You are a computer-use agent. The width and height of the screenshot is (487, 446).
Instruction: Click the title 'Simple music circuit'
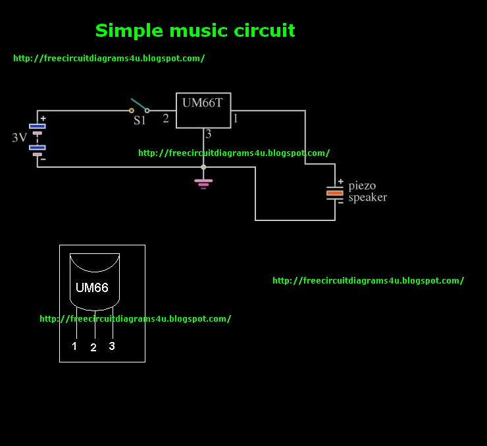tap(195, 30)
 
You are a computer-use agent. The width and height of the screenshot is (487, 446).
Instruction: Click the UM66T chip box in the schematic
tap(203, 110)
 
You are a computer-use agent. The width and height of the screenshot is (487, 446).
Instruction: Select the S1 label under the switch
tap(140, 121)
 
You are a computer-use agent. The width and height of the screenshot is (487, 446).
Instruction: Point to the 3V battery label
tap(20, 138)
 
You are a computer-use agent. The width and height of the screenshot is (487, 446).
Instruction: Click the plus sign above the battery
tap(43, 118)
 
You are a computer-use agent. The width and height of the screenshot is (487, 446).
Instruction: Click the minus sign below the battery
tap(43, 158)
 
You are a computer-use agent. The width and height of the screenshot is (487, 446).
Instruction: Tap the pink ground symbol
tap(203, 182)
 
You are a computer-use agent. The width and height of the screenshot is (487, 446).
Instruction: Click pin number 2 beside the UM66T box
tap(166, 119)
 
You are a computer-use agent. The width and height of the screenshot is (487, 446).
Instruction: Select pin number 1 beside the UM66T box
tap(236, 119)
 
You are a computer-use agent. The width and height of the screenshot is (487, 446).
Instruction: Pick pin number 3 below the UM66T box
tap(209, 134)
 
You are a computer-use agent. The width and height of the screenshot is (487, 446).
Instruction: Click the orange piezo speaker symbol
tap(335, 193)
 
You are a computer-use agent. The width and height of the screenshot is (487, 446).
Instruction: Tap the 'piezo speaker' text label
tap(367, 191)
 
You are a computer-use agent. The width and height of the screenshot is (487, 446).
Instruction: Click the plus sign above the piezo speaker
tap(340, 182)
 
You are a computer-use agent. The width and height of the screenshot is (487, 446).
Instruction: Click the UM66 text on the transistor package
tap(92, 287)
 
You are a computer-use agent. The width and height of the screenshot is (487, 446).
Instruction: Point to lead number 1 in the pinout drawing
tap(74, 346)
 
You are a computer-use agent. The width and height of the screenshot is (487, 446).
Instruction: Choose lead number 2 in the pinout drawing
tap(93, 347)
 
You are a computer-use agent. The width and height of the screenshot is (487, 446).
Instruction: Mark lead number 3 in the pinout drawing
tap(112, 346)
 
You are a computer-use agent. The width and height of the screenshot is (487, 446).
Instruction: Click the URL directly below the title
tap(109, 58)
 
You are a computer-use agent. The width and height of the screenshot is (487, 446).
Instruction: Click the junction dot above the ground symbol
tap(203, 167)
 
